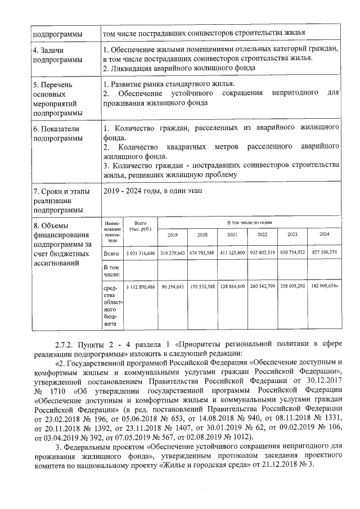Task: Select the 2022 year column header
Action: point(262,235)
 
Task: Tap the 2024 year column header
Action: point(324,235)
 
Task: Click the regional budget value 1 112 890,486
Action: point(140,287)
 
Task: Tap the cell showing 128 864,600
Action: point(232,287)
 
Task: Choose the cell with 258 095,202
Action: point(292,287)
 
